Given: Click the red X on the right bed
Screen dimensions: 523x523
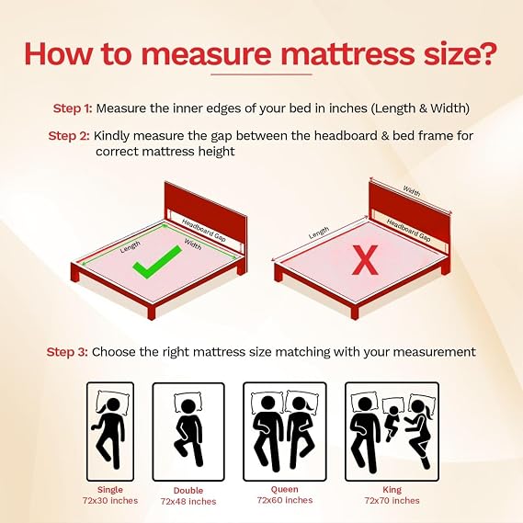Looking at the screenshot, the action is pyautogui.click(x=365, y=260).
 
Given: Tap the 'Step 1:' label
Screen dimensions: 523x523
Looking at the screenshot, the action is pyautogui.click(x=73, y=108).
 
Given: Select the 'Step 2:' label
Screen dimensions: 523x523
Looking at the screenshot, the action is pyautogui.click(x=69, y=136).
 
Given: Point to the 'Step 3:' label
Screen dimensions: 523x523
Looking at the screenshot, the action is pyautogui.click(x=67, y=352).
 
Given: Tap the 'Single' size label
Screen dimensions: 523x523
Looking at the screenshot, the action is pyautogui.click(x=110, y=490).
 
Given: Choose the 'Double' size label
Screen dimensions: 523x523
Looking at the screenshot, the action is pyautogui.click(x=188, y=490).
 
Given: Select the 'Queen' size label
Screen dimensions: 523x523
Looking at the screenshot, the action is pyautogui.click(x=285, y=489).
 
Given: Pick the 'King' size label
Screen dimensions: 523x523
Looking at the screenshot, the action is pyautogui.click(x=392, y=490).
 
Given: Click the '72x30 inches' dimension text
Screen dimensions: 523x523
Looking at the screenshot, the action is pyautogui.click(x=110, y=501).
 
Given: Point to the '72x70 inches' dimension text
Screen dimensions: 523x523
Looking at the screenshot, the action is pyautogui.click(x=392, y=501).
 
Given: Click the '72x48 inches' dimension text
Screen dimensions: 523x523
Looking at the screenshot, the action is pyautogui.click(x=188, y=501).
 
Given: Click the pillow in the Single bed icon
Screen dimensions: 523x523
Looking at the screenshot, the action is pyautogui.click(x=113, y=403).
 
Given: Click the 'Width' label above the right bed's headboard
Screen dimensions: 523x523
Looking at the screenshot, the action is pyautogui.click(x=412, y=191).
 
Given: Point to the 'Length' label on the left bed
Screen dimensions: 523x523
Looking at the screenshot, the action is pyautogui.click(x=131, y=246).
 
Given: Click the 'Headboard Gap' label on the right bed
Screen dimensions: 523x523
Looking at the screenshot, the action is pyautogui.click(x=409, y=230).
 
